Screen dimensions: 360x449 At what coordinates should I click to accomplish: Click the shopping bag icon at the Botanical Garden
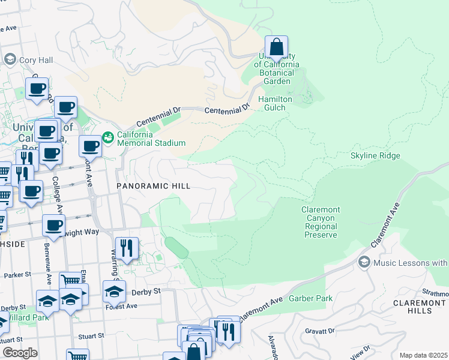coord(276,47)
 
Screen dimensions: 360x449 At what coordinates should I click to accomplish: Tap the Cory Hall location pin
coord(10,59)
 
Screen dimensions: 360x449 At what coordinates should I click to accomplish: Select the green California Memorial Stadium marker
coord(108,138)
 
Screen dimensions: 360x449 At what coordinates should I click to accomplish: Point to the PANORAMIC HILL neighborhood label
coord(153,187)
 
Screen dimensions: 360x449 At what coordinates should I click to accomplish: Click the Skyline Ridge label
coord(375,156)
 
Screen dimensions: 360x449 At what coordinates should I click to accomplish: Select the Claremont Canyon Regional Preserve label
coord(321,223)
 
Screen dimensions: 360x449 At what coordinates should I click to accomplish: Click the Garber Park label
coord(307,298)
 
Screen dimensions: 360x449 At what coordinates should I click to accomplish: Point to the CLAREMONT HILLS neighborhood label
coord(420,307)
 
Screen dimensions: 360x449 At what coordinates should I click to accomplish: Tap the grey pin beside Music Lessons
coord(364,262)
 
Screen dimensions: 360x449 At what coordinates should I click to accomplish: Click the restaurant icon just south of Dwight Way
coord(127,248)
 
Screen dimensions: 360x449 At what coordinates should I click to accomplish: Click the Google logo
coord(20,353)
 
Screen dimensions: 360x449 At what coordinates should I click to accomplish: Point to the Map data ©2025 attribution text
coord(423,355)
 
